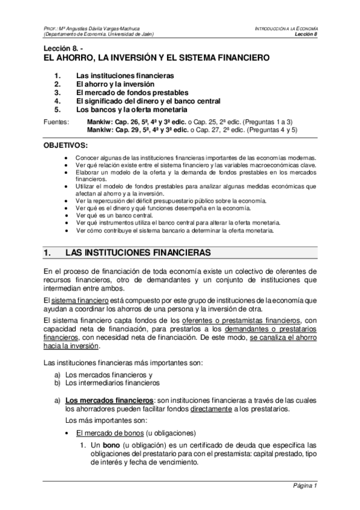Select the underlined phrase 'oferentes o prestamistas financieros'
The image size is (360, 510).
point(240,319)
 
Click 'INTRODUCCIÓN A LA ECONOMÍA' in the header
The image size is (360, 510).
point(286,28)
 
